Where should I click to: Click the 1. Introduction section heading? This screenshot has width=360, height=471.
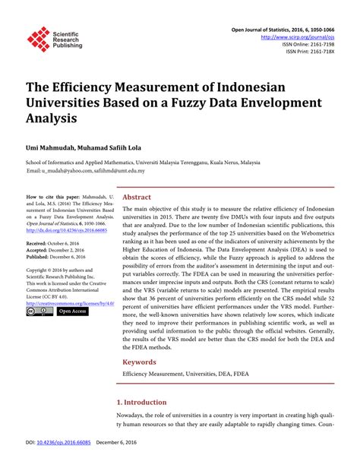pos(141,402)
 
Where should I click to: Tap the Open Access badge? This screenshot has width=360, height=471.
pos(72,311)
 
